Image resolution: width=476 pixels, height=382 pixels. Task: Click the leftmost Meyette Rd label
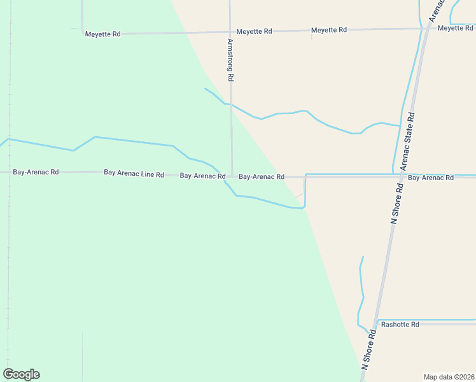(102, 34)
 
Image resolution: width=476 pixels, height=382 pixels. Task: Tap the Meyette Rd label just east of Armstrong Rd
(254, 31)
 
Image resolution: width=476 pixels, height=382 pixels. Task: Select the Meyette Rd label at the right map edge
(456, 28)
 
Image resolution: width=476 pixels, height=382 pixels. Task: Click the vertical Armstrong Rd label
(230, 59)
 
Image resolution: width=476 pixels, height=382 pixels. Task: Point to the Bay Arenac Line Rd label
(134, 174)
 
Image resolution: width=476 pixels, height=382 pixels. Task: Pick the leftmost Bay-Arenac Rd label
(36, 173)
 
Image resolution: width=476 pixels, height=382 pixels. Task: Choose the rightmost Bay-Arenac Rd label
(431, 178)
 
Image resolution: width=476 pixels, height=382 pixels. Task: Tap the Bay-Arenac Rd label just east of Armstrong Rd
(261, 176)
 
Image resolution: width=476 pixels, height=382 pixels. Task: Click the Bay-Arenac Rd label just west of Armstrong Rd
(202, 176)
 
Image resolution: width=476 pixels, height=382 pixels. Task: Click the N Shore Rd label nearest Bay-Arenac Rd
(396, 203)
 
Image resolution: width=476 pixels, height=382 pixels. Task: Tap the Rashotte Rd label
(400, 325)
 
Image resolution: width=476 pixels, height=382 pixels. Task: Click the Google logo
(21, 374)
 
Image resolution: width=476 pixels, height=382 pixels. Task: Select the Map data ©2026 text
(449, 377)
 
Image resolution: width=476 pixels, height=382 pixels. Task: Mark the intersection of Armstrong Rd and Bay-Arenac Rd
(231, 175)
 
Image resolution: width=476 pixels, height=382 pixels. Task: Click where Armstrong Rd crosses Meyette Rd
(230, 31)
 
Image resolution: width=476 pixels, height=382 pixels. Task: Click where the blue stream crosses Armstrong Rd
(230, 104)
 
